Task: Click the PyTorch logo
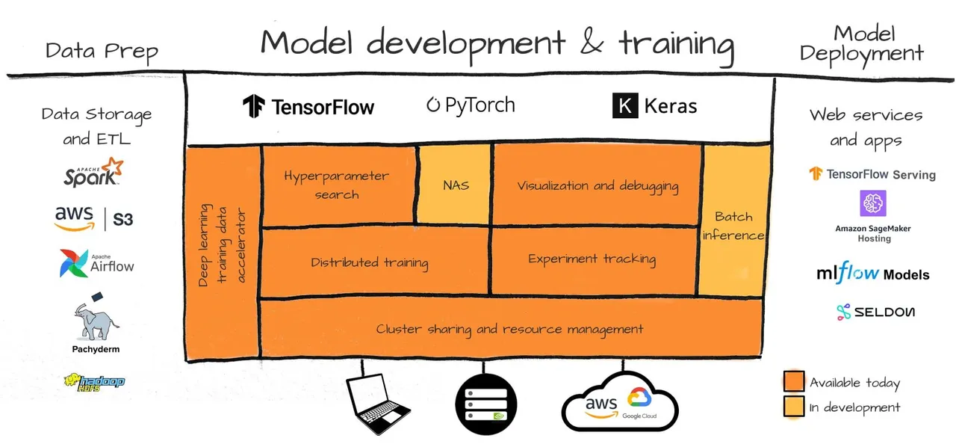[x=471, y=105]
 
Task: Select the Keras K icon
[x=625, y=105]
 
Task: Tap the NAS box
[x=456, y=184]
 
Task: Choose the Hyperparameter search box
[x=337, y=185]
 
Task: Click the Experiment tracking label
[x=592, y=259]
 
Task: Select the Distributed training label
[x=370, y=262]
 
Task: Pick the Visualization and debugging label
[x=597, y=185]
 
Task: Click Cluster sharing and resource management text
[x=509, y=329]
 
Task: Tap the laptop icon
[x=379, y=404]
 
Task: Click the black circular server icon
[x=485, y=404]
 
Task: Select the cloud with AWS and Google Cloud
[x=619, y=404]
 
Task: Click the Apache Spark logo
[x=93, y=172]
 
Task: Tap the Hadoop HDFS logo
[x=94, y=382]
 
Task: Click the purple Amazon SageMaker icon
[x=873, y=204]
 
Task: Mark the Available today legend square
[x=794, y=382]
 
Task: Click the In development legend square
[x=794, y=407]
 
